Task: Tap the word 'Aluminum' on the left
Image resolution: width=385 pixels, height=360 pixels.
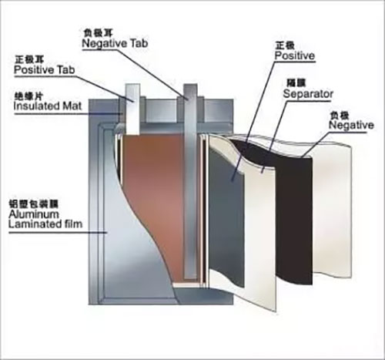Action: click(38, 215)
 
